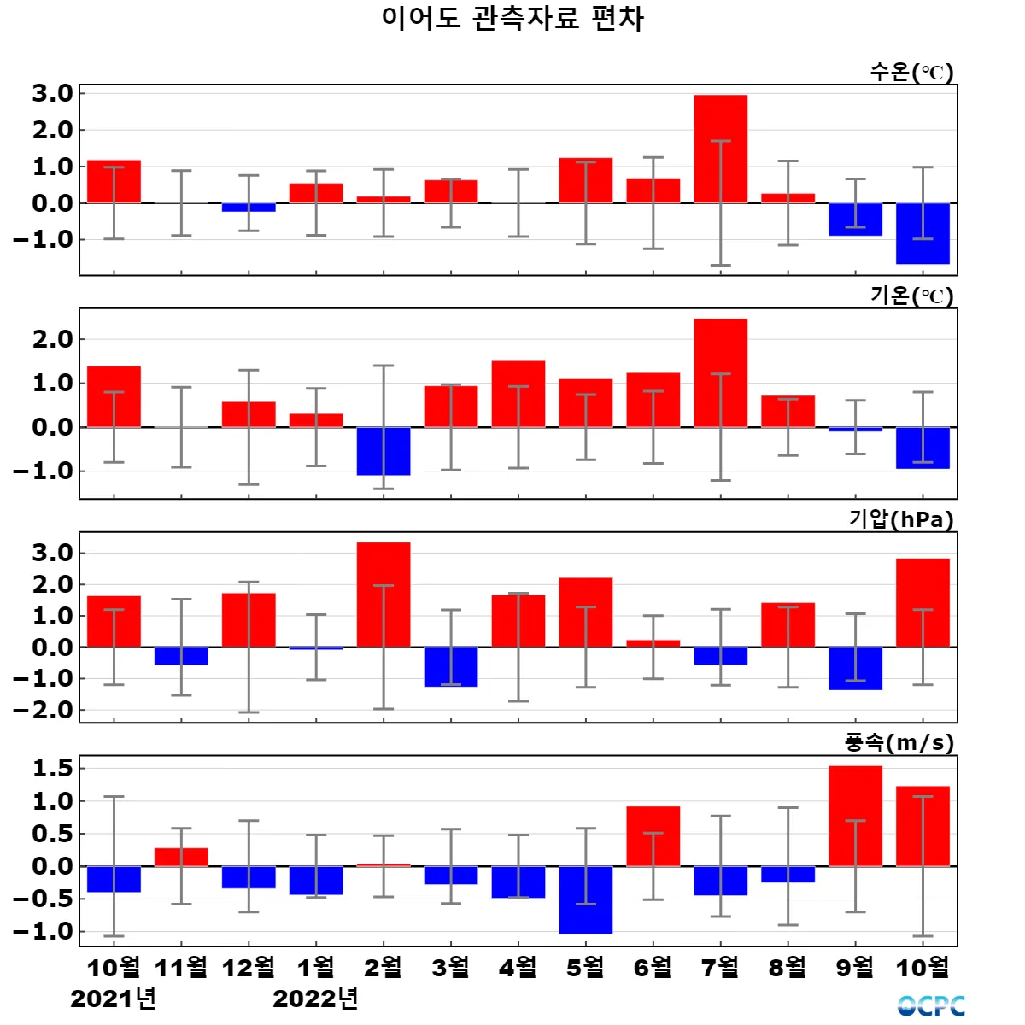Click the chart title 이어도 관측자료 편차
[512, 19]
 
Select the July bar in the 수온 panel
[720, 149]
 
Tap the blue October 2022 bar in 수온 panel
[922, 233]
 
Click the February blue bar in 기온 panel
[384, 451]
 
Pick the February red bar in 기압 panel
[384, 594]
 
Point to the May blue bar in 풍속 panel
[586, 899]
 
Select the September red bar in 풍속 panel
[855, 816]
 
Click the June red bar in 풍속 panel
[653, 836]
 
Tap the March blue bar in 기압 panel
[451, 666]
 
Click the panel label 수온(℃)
[911, 73]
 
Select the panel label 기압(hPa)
[901, 519]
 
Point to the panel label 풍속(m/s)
[899, 743]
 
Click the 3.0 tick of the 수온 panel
[52, 93]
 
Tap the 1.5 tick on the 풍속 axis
[52, 769]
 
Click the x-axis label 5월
[586, 967]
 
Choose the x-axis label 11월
[181, 967]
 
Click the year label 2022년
[315, 998]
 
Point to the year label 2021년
[113, 998]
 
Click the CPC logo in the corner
[931, 1006]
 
